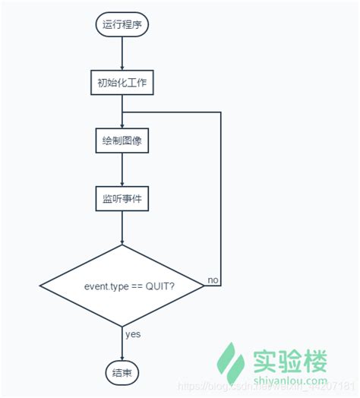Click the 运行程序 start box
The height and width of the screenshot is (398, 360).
[122, 24]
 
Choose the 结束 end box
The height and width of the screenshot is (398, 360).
[122, 371]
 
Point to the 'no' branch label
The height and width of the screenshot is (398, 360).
[213, 280]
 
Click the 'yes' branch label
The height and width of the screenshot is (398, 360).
[132, 333]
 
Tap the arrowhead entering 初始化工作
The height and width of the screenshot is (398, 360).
[122, 68]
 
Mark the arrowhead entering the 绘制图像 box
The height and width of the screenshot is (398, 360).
[122, 126]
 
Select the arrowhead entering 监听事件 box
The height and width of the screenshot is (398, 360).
[122, 185]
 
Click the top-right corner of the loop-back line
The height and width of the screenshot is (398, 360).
[221, 112]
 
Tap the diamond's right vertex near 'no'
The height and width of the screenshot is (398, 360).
[204, 286]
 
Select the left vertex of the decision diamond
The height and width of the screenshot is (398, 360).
[39, 286]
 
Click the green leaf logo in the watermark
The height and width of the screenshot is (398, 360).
[228, 363]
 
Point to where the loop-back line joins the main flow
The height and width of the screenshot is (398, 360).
[122, 112]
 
